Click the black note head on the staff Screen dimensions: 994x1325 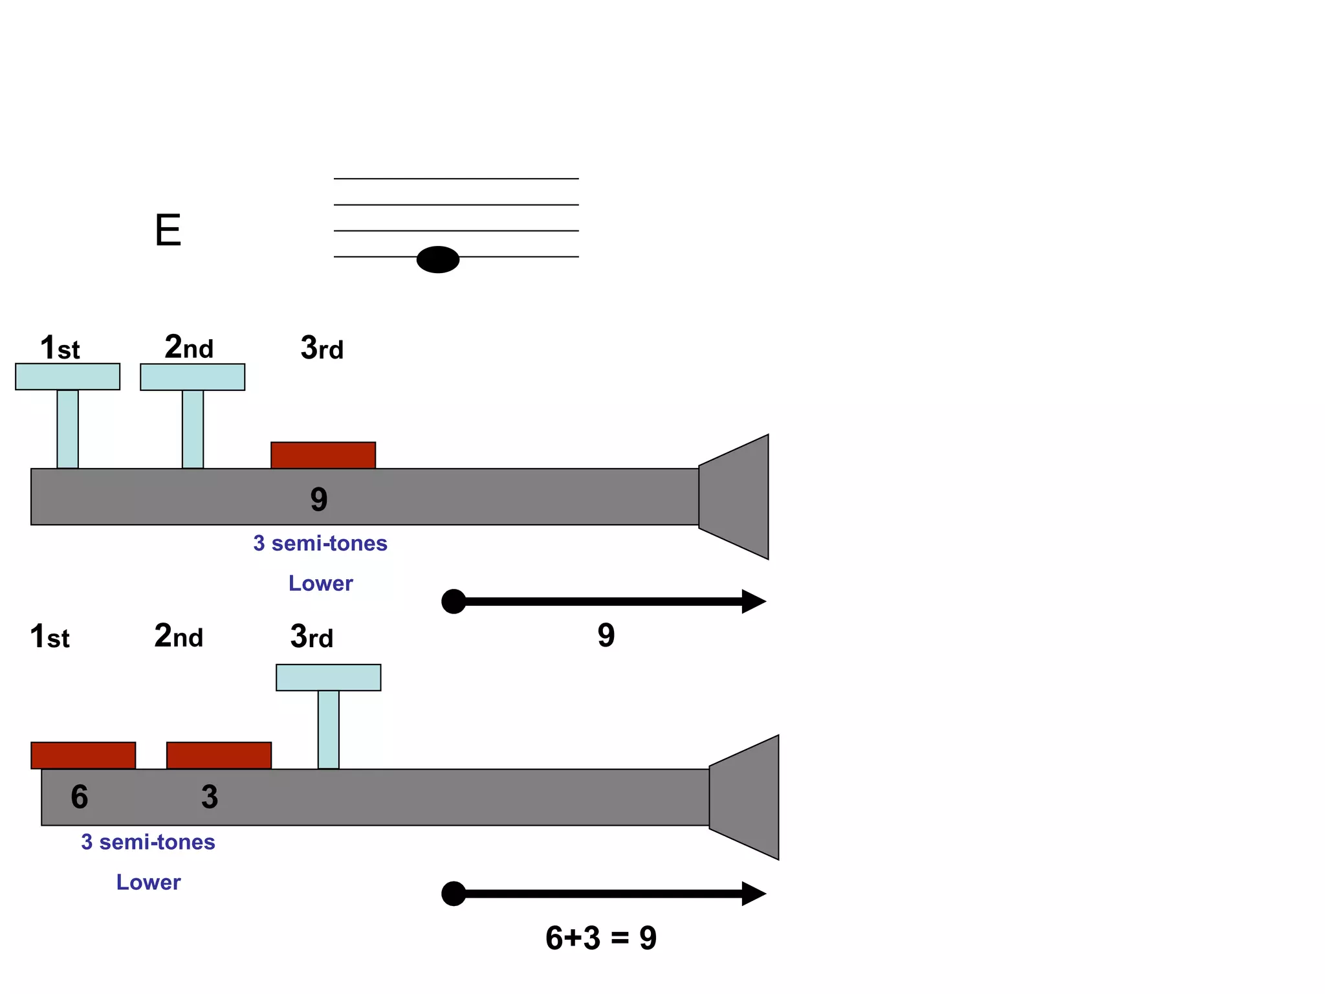pos(438,260)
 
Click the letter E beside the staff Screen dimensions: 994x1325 pos(168,230)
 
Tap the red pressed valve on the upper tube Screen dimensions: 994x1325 pos(323,455)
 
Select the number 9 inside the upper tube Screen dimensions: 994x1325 pos(319,500)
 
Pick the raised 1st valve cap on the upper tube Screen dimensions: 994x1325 pos(67,377)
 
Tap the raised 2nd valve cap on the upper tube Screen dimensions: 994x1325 pos(192,377)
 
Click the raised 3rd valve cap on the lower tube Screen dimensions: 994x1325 pos(328,678)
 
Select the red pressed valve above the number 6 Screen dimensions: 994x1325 pos(83,755)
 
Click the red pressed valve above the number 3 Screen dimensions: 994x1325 pos(219,755)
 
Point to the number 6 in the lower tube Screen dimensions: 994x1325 pos(80,797)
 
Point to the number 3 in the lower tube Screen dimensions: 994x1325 pos(210,797)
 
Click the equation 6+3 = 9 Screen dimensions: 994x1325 pos(601,938)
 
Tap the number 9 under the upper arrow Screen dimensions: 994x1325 pos(606,635)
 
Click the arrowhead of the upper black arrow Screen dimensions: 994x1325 pos(752,601)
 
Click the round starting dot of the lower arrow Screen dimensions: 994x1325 pos(454,894)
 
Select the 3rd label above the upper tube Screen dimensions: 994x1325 pos(322,348)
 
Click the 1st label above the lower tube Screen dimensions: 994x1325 pos(50,637)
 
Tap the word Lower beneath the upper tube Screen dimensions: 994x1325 pos(320,583)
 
